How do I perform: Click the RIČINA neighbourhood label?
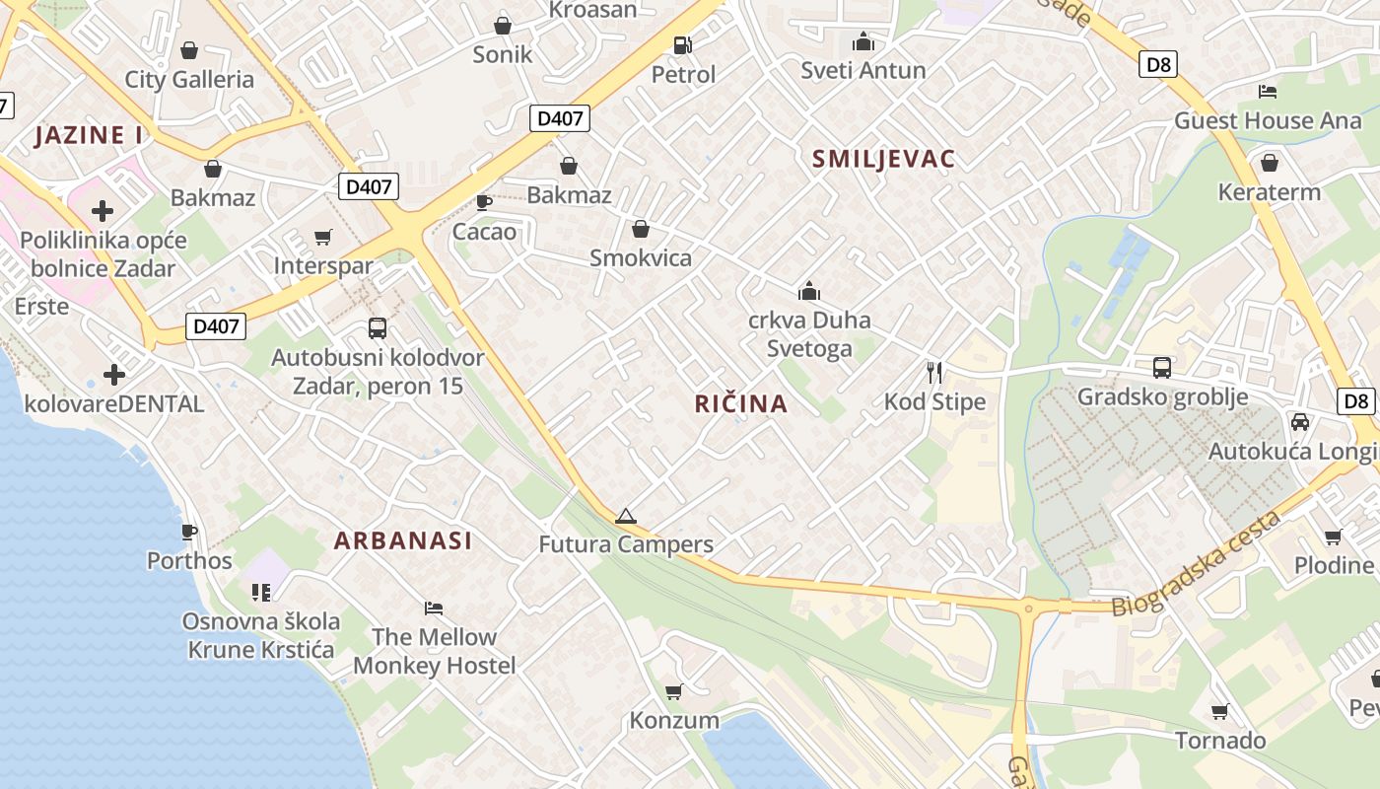[x=741, y=403]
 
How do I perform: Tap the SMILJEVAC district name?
[x=883, y=159]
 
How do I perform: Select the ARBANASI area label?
[x=402, y=540]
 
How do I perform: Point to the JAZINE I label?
[x=89, y=135]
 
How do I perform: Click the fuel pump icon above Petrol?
[x=682, y=45]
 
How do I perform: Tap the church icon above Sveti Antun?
[x=863, y=41]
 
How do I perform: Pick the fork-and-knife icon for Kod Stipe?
[x=934, y=373]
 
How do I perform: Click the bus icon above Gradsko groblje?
[x=1162, y=368]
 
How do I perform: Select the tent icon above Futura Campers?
[x=625, y=516]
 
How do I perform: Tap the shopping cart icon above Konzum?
[x=674, y=691]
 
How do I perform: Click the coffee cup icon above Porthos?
[x=189, y=533]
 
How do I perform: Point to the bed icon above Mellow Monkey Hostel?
[x=434, y=608]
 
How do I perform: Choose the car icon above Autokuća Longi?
[x=1300, y=422]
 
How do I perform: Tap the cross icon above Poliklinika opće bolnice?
[x=103, y=210]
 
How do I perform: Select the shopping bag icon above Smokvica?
[x=641, y=230]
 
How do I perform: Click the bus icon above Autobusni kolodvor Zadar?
[x=378, y=328]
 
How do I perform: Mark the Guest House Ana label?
[x=1268, y=120]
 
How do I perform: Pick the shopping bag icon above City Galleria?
[x=189, y=50]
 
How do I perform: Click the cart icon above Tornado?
[x=1220, y=711]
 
